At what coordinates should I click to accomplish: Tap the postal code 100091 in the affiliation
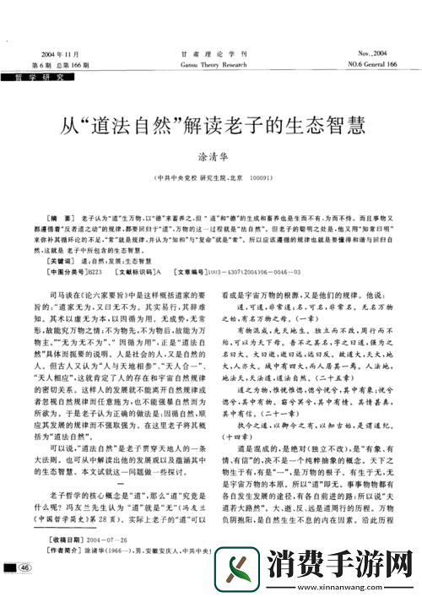(x=261, y=178)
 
